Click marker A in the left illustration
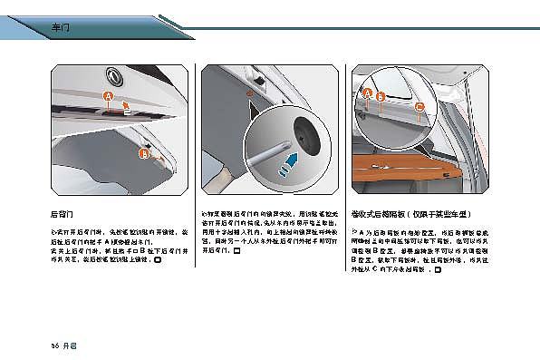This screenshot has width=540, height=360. [108, 96]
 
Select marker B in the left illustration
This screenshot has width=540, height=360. [143, 155]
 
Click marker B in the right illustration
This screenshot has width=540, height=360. [381, 95]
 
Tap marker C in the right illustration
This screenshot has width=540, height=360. [419, 106]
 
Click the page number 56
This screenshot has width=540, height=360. [54, 345]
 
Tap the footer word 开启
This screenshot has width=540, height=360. [70, 345]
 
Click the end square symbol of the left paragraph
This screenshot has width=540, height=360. [158, 259]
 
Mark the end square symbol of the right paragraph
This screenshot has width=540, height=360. [438, 268]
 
